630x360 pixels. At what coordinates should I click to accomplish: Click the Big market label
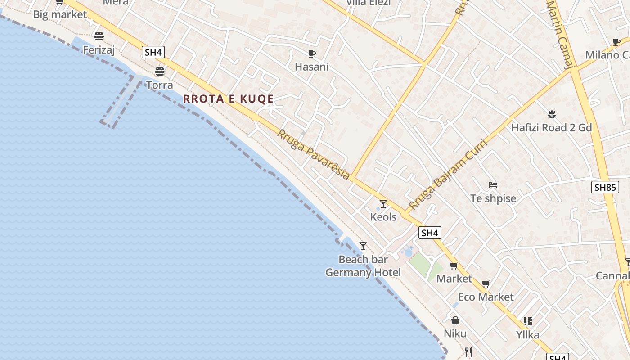click(60, 14)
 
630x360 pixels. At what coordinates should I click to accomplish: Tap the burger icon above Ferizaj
click(99, 36)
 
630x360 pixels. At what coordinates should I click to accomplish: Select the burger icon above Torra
click(159, 71)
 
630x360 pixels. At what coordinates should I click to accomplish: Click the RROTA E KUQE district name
click(229, 99)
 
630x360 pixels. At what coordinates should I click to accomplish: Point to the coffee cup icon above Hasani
click(311, 54)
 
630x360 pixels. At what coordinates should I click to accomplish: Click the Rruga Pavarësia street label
click(313, 154)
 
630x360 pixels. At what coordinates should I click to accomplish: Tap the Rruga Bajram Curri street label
click(447, 175)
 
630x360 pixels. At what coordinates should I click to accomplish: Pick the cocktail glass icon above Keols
click(383, 204)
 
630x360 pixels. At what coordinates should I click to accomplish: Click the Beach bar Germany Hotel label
click(363, 266)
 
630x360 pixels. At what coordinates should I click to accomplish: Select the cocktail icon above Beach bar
click(363, 246)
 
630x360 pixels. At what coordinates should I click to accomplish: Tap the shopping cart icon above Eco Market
click(486, 284)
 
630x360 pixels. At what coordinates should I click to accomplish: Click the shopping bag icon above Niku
click(455, 320)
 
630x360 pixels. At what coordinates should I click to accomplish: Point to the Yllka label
click(527, 335)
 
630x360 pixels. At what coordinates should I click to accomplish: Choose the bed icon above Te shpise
click(493, 185)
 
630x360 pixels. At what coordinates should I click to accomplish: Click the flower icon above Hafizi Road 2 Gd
click(551, 114)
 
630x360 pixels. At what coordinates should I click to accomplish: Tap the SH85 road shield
click(604, 187)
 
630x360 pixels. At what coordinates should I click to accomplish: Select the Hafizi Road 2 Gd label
click(551, 128)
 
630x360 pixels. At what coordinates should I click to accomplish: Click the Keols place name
click(383, 217)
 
